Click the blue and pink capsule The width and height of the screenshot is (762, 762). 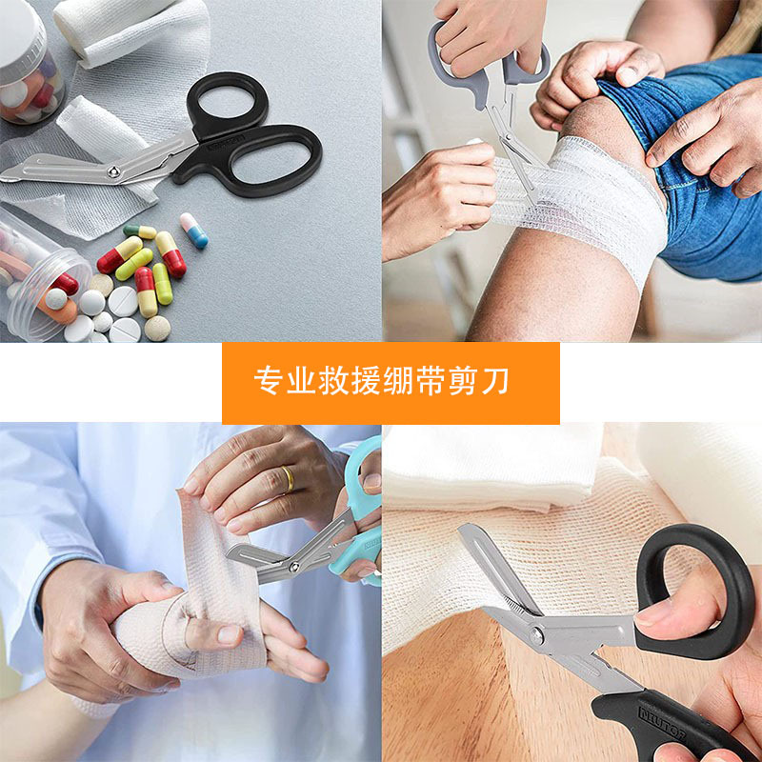(194, 231)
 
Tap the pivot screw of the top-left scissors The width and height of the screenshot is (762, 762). (113, 170)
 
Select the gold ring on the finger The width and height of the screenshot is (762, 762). (288, 479)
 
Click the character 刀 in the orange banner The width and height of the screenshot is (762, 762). (495, 381)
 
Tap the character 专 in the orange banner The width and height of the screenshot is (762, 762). (269, 381)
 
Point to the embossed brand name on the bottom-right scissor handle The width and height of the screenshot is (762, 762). (662, 723)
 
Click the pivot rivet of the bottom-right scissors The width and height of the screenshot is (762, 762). (536, 634)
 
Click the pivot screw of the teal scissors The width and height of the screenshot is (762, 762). (293, 567)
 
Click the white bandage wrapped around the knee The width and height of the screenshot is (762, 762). (583, 204)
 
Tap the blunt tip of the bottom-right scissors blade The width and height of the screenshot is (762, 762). (465, 531)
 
